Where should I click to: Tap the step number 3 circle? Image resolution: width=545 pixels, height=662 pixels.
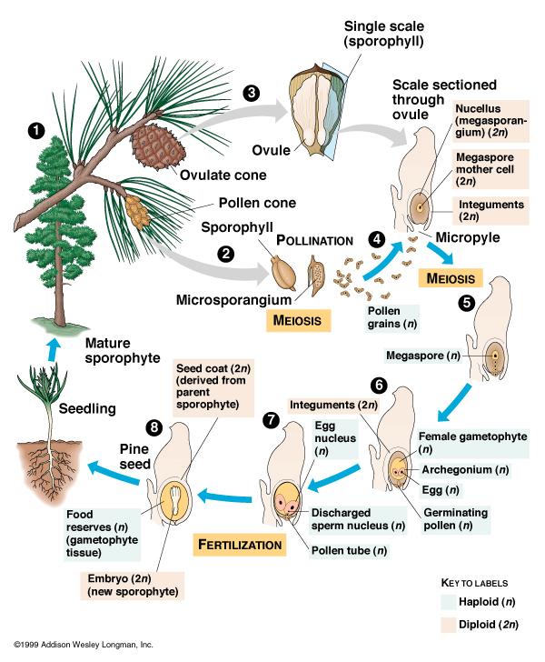pyautogui.click(x=252, y=92)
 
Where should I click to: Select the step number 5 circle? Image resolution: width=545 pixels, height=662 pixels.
pyautogui.click(x=467, y=304)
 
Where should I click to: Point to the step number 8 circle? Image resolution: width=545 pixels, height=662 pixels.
pyautogui.click(x=156, y=426)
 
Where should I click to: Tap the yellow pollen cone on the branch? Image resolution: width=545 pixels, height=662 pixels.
pyautogui.click(x=138, y=211)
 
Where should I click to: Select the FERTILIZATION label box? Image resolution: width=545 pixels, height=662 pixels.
pyautogui.click(x=239, y=544)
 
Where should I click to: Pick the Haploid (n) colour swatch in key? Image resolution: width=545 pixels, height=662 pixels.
pyautogui.click(x=449, y=600)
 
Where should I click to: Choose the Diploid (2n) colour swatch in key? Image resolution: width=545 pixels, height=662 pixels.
pyautogui.click(x=449, y=625)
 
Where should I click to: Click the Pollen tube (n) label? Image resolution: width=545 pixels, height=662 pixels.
pyautogui.click(x=349, y=549)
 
